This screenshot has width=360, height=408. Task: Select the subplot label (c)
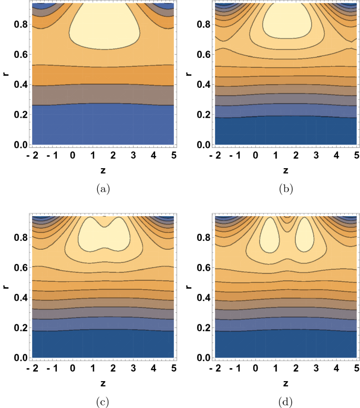[x=103, y=402]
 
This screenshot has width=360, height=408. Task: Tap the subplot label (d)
[x=285, y=402]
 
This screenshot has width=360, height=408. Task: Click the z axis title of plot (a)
[x=103, y=170]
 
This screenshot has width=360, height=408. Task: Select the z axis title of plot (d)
[x=285, y=384]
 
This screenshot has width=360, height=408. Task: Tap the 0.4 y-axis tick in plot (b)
[x=202, y=85]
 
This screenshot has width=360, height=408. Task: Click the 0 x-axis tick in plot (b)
[x=255, y=156]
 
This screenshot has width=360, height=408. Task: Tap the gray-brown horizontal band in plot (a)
[x=103, y=95]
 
